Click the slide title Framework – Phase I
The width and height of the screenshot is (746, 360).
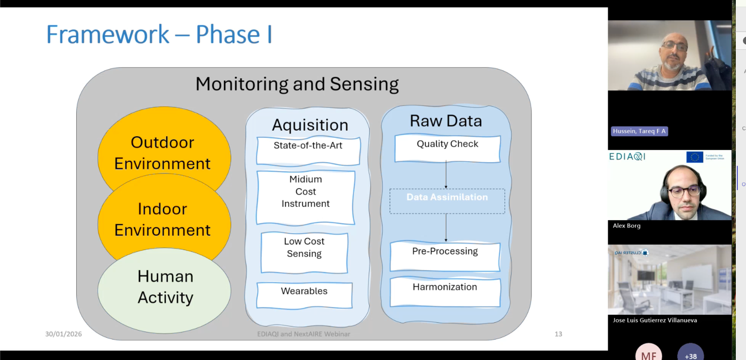[159, 35]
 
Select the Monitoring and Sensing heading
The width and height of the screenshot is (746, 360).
[297, 84]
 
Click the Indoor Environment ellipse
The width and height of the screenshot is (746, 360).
[163, 219]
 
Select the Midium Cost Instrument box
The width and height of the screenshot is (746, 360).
[306, 197]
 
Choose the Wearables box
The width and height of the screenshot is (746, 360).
[304, 295]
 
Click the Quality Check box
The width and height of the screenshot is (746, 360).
[447, 148]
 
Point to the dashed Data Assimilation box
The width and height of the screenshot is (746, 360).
[447, 201]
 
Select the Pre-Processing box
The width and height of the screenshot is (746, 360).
[445, 256]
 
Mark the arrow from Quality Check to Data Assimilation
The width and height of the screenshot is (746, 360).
[446, 175]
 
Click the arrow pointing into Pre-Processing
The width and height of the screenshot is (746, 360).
[446, 227]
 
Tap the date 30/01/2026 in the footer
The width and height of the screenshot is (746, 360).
[64, 334]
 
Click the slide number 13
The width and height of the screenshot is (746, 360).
[558, 334]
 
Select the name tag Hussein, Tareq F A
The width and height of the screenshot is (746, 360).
[639, 131]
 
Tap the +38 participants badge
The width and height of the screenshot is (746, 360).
[690, 354]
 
